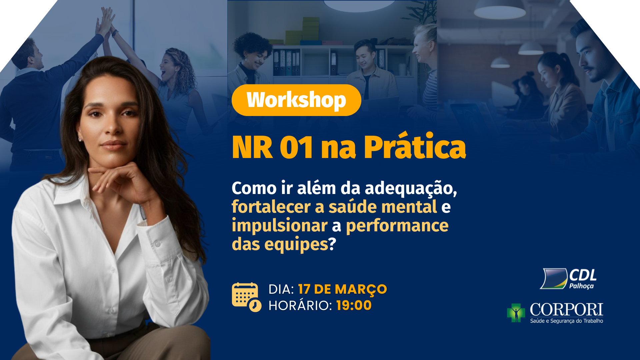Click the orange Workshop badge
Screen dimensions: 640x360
(x=296, y=100)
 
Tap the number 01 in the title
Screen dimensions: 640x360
(x=296, y=147)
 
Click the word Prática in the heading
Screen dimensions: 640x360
(x=415, y=145)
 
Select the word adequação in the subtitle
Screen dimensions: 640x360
(x=411, y=189)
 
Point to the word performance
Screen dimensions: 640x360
(x=397, y=226)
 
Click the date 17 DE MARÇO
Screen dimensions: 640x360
(x=342, y=289)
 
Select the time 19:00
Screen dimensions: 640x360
(x=354, y=305)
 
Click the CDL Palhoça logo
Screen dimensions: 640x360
(x=568, y=279)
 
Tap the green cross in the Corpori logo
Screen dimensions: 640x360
(x=516, y=313)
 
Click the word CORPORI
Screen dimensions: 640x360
(x=566, y=310)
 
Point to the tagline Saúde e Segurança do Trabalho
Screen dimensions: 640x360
(x=567, y=321)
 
